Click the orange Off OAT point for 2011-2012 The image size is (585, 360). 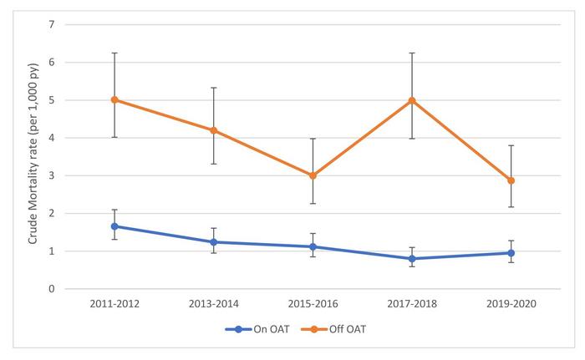(x=114, y=99)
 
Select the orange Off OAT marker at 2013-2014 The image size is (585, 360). (x=214, y=130)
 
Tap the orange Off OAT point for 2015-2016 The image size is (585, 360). (x=313, y=175)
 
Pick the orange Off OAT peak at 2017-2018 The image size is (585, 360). (x=411, y=100)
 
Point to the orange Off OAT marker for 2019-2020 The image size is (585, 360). (x=511, y=180)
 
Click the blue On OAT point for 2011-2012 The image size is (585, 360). (x=114, y=226)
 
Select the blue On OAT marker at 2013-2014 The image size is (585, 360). (x=214, y=242)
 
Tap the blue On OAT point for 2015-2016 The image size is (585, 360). (x=313, y=246)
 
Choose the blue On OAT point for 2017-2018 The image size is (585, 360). (x=411, y=259)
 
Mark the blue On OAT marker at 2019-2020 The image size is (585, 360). (x=511, y=253)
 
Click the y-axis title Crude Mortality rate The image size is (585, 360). (x=33, y=155)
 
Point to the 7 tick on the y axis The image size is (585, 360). (x=52, y=24)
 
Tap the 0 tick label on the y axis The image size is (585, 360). (x=52, y=289)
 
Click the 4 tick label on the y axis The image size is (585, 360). (x=52, y=138)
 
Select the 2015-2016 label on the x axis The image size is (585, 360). (x=313, y=304)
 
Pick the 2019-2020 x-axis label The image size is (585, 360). (x=511, y=304)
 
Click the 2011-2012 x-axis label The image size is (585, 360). (x=114, y=304)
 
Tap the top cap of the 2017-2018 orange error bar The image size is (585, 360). (x=411, y=53)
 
